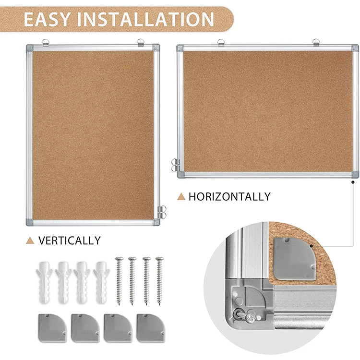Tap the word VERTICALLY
coord(70,240)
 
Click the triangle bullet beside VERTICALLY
coord(31,240)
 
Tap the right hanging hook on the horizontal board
coord(316,42)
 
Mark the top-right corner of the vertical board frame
coord(156,48)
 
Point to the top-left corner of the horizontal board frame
coord(180,48)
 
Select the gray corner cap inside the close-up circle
coord(292,259)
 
